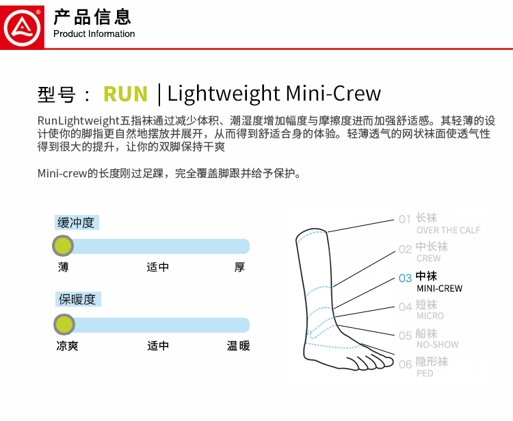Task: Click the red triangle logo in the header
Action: pos(23,25)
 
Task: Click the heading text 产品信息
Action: pos(92,17)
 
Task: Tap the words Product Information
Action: pos(94,34)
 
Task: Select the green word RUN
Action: pos(125,94)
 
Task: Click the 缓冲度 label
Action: pos(76,222)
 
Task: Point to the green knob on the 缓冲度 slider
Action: pos(63,245)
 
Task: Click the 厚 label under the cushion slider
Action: pos(239,267)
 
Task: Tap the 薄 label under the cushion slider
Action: pos(63,267)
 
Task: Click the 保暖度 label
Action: pos(76,299)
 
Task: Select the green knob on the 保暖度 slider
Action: pos(64,324)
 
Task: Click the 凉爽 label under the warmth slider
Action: pos(68,346)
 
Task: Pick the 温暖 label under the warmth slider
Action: pos(239,346)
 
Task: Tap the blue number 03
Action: pos(405,278)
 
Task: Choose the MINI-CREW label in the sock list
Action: pos(439,288)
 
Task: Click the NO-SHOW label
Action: pos(437,345)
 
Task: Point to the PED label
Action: pos(425,374)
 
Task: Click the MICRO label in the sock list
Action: pos(430,316)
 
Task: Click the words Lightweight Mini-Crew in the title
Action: pos(274,94)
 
